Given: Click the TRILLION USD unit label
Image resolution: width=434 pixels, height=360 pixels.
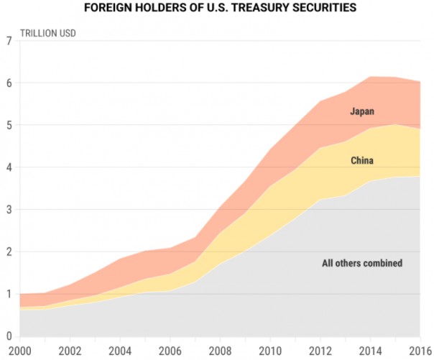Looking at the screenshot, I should tap(48, 33).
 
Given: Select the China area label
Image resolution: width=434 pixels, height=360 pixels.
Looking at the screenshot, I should tap(361, 161).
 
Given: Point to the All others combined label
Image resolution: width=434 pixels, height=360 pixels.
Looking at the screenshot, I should tap(361, 264).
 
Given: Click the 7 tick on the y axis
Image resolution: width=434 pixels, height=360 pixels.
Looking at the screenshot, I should tap(9, 41).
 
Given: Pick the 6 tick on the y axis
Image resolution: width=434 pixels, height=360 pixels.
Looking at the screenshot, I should tap(9, 83).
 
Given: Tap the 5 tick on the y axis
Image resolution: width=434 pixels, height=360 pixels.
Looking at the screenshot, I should tap(9, 125).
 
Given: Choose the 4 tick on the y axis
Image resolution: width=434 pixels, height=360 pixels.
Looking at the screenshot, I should tap(9, 167).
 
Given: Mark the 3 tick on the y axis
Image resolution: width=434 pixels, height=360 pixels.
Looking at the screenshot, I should tap(9, 210).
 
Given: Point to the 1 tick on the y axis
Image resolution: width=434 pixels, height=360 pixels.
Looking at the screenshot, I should tap(9, 294).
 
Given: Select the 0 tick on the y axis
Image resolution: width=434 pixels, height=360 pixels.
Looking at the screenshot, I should tap(9, 336).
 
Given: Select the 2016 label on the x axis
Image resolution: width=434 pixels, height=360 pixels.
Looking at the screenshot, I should tap(419, 351).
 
